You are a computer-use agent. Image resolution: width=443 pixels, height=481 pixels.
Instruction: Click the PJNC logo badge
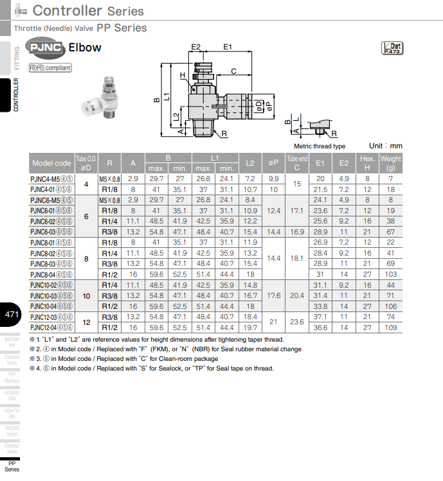(45, 48)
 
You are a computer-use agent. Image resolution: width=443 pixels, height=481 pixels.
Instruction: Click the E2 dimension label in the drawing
(196, 47)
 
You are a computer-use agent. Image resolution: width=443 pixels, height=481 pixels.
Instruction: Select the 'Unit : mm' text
(385, 146)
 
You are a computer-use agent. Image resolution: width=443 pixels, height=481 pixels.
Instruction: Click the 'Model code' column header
(51, 163)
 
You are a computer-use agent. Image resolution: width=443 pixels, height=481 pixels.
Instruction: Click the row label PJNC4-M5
(51, 179)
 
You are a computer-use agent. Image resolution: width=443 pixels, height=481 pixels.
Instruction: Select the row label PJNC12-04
(51, 328)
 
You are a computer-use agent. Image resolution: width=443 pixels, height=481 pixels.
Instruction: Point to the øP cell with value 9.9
(273, 179)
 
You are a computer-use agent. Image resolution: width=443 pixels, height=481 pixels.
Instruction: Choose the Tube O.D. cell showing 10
(86, 295)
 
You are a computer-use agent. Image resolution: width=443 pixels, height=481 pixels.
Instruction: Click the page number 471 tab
(12, 315)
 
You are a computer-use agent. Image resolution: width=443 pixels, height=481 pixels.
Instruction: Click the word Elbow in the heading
(85, 48)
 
